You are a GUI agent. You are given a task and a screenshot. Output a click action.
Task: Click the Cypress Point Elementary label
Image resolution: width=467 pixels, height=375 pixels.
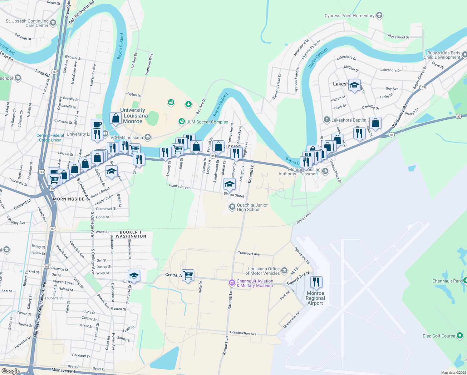click(x=349, y=16)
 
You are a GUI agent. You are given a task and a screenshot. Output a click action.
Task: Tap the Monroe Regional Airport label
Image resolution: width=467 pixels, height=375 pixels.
click(x=315, y=298)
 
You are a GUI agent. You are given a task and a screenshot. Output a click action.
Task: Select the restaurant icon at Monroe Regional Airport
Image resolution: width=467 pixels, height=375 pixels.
click(x=316, y=282)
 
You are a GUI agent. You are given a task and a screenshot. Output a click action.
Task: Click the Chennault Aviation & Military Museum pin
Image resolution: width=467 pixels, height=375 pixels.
click(x=232, y=283)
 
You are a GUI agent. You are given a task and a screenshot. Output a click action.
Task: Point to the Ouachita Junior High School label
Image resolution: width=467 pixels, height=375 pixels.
click(x=252, y=207)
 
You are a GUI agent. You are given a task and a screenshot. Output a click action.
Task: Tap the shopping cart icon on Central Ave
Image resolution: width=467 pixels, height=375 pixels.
click(x=188, y=276)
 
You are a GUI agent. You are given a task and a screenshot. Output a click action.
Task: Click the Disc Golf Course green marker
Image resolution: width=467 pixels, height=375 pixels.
click(x=460, y=336)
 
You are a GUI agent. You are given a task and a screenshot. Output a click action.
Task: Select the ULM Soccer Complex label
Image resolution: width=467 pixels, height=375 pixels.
click(x=207, y=122)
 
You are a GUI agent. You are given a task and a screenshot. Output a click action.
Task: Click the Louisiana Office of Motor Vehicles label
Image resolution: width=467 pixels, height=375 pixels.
click(x=264, y=271)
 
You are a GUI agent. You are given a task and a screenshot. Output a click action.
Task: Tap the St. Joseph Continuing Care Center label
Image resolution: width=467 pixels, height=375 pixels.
click(x=27, y=23)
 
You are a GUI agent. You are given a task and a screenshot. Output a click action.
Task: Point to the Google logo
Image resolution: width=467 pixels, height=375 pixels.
click(x=10, y=371)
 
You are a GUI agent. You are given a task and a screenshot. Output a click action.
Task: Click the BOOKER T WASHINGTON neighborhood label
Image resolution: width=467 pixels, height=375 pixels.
click(x=131, y=234)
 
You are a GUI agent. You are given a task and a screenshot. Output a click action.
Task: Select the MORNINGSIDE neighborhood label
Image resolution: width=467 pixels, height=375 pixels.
click(x=69, y=199)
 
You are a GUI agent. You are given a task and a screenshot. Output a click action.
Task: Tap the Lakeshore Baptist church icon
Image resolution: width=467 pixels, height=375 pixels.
click(x=327, y=120)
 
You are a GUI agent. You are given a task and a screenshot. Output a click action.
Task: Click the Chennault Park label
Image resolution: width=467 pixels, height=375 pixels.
click(x=447, y=281)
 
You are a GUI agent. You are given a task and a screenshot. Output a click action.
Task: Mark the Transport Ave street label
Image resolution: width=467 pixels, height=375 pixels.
click(x=249, y=253)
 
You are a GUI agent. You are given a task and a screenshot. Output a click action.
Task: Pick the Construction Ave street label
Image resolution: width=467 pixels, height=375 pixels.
click(x=243, y=333)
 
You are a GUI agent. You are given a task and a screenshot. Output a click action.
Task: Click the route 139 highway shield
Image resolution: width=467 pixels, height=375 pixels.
click(x=422, y=87)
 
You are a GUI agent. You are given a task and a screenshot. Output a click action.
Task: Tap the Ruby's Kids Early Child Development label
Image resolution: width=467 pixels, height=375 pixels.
click(x=442, y=55)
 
